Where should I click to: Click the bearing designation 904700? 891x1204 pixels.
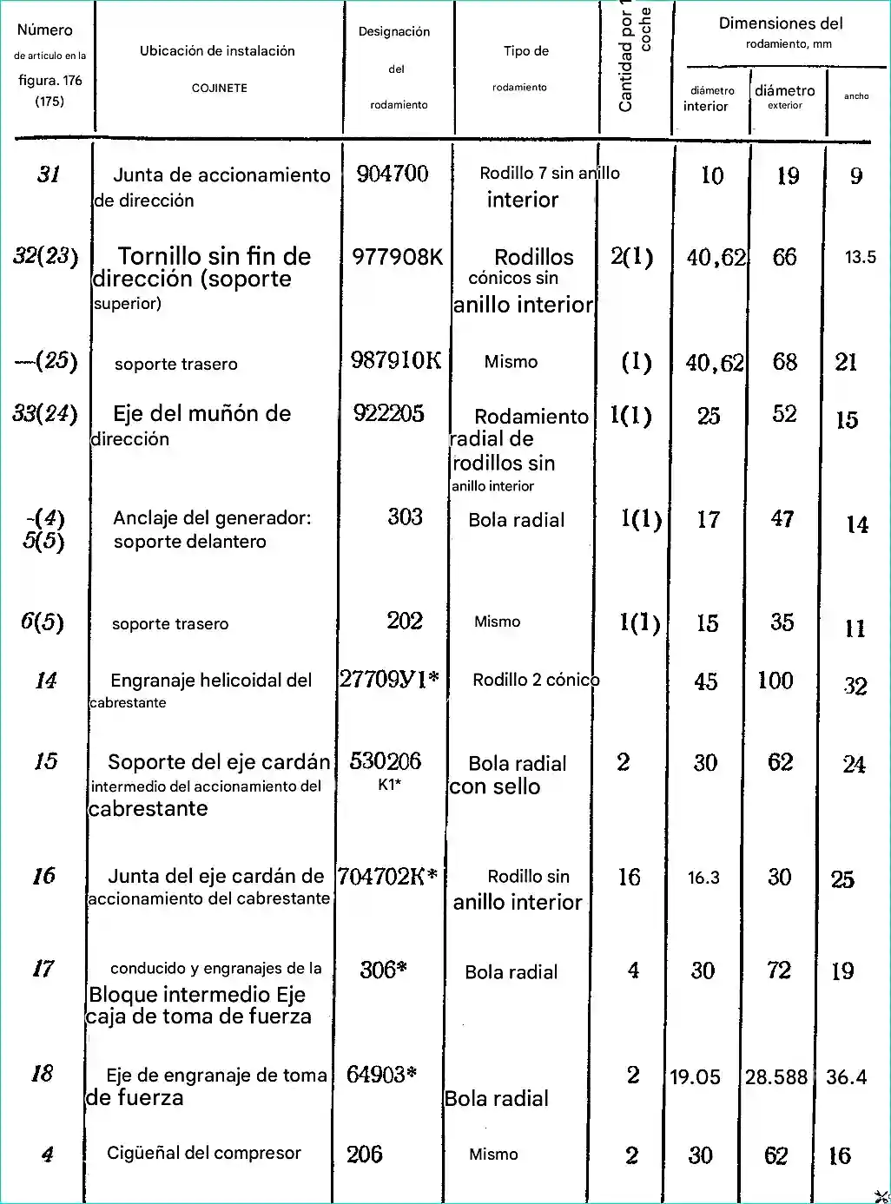pyautogui.click(x=393, y=174)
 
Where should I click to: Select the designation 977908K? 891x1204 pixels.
pyautogui.click(x=397, y=257)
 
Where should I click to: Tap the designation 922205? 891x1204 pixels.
pyautogui.click(x=389, y=413)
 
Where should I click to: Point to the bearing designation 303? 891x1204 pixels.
pyautogui.click(x=405, y=516)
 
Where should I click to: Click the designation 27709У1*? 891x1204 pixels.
pyautogui.click(x=388, y=679)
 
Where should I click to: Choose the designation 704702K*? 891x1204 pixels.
pyautogui.click(x=386, y=877)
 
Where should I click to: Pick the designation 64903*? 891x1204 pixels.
pyautogui.click(x=381, y=1075)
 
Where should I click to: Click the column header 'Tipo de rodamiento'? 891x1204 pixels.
pyautogui.click(x=525, y=68)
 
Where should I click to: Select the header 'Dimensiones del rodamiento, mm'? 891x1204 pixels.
pyautogui.click(x=781, y=32)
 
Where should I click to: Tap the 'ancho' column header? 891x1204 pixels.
pyautogui.click(x=856, y=96)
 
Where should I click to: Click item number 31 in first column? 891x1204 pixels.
pyautogui.click(x=49, y=174)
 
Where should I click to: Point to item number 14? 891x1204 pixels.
pyautogui.click(x=46, y=681)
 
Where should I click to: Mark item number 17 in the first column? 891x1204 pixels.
pyautogui.click(x=43, y=969)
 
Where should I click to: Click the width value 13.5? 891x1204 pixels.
pyautogui.click(x=860, y=257)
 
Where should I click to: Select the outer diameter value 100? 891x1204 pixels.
pyautogui.click(x=775, y=681)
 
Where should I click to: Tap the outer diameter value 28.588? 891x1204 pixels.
pyautogui.click(x=776, y=1077)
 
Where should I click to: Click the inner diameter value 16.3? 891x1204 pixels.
pyautogui.click(x=703, y=878)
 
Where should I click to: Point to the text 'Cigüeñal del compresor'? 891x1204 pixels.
pyautogui.click(x=204, y=1153)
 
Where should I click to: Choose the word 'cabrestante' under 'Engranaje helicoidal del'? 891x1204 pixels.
pyautogui.click(x=128, y=703)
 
